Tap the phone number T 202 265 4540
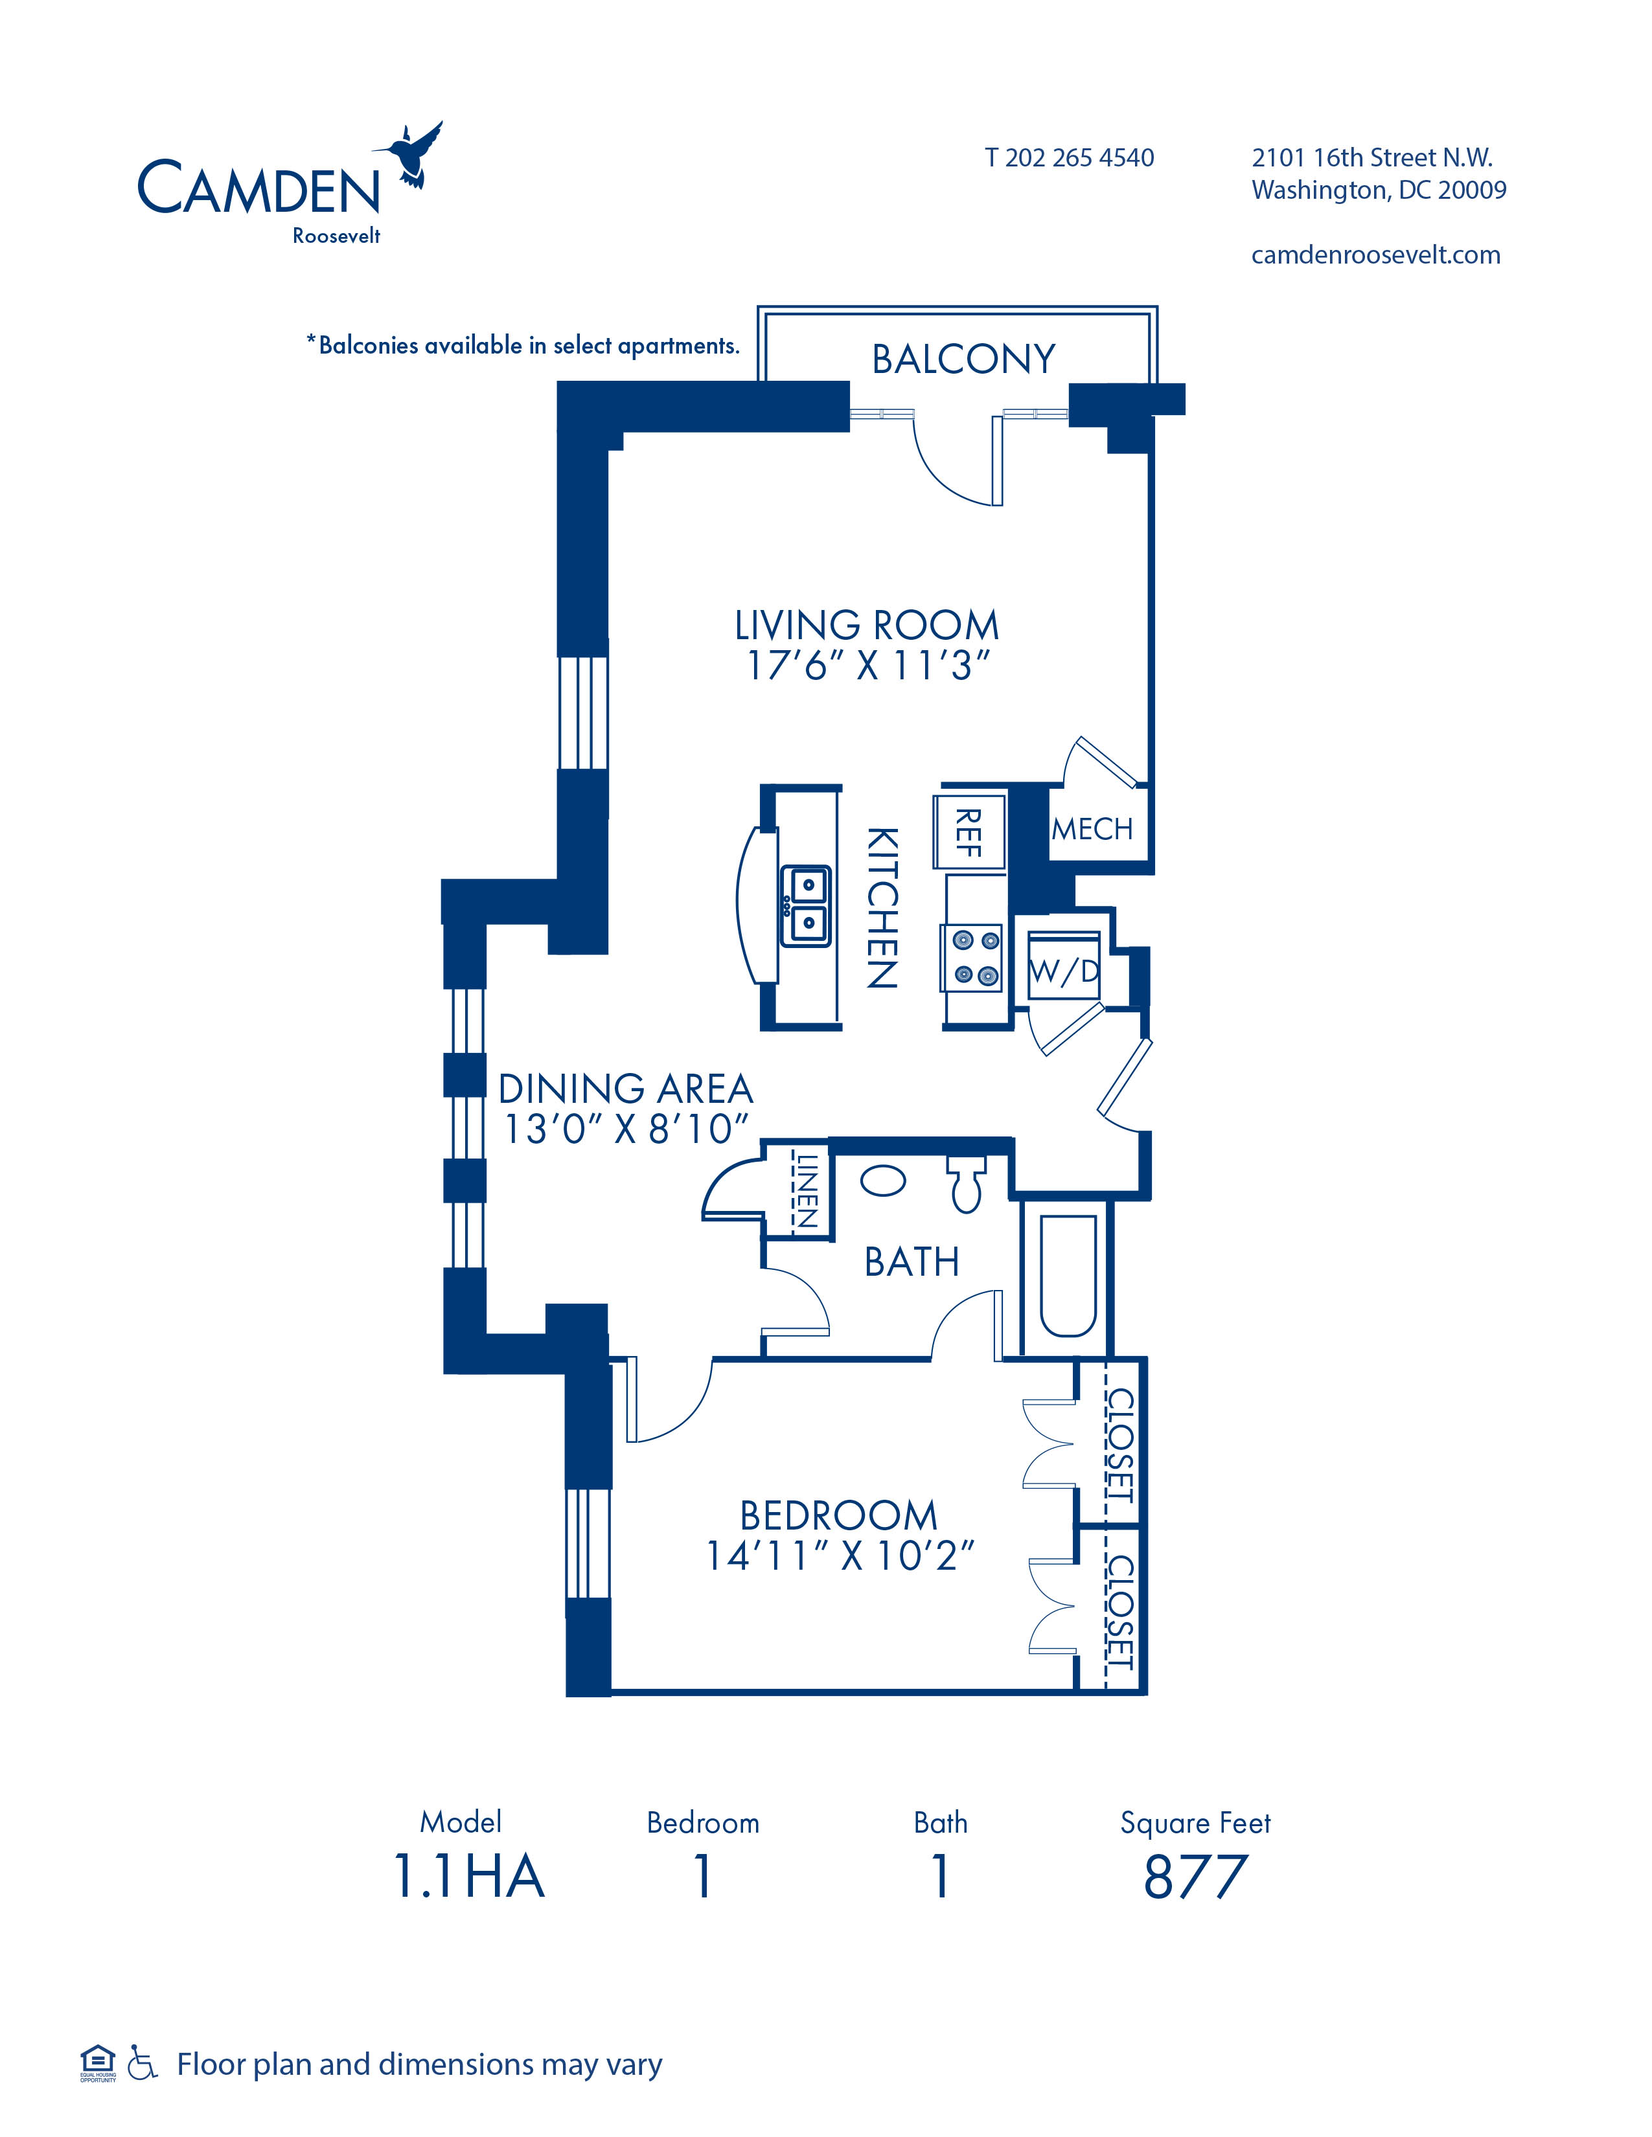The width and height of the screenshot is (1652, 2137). (x=1069, y=157)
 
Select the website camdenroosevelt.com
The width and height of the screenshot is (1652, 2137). (x=1375, y=255)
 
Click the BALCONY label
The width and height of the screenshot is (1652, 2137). (x=964, y=359)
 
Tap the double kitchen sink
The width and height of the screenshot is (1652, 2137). (x=805, y=905)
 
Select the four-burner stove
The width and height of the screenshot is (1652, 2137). (x=973, y=958)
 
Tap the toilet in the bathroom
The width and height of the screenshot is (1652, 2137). (x=966, y=1184)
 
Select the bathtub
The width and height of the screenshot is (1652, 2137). (x=1068, y=1276)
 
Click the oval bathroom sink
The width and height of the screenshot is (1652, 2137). (x=883, y=1181)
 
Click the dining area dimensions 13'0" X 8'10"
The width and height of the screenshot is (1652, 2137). (x=625, y=1128)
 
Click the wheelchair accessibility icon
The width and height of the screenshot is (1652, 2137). (x=143, y=2066)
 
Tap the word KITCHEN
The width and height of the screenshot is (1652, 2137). (x=882, y=908)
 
